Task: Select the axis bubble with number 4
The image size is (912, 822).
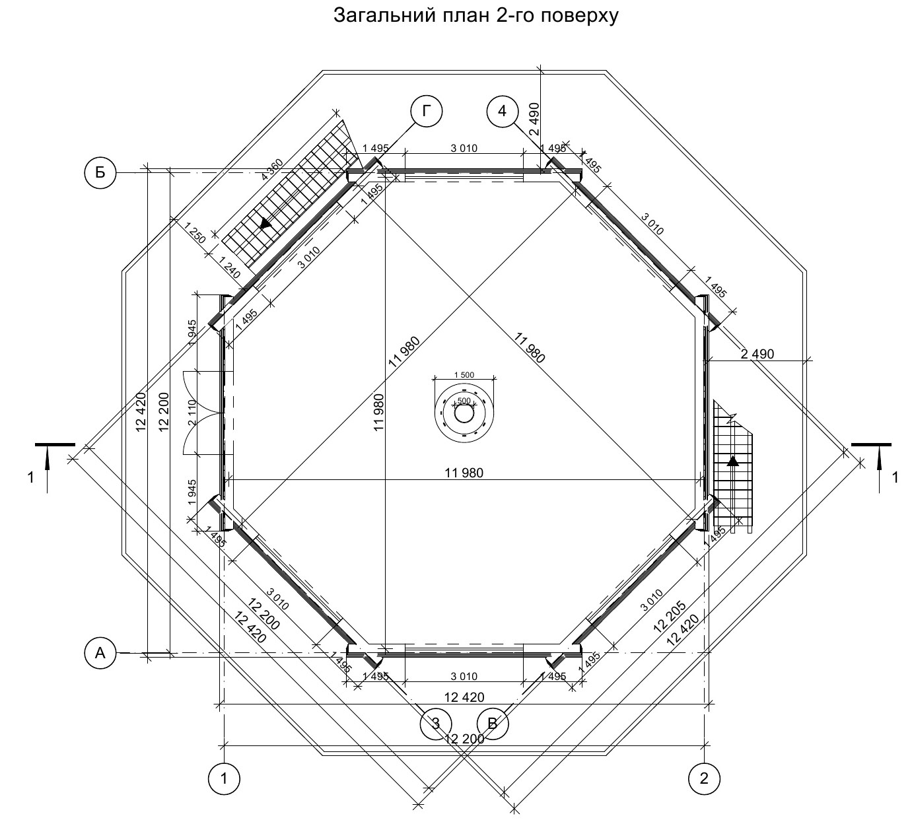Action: click(503, 111)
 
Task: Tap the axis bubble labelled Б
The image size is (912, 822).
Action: click(100, 173)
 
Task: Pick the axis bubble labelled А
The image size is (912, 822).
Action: click(100, 654)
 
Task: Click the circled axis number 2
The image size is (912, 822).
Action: click(704, 778)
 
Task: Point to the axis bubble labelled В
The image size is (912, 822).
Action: click(493, 723)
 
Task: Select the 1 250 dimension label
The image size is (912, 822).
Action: click(195, 234)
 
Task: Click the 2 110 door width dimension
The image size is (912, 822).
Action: click(192, 413)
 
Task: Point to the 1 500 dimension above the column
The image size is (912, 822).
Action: click(464, 375)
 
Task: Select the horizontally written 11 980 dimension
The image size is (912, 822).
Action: click(465, 473)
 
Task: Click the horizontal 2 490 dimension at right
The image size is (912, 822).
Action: click(757, 355)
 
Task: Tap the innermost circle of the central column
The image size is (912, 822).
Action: click(464, 414)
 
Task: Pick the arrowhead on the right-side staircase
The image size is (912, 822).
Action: click(733, 461)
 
